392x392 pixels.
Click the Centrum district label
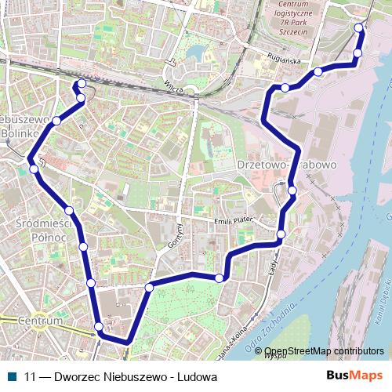click(x=42, y=321)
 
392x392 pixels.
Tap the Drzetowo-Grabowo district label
click(x=286, y=165)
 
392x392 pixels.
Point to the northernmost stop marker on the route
click(x=359, y=28)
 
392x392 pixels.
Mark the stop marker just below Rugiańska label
click(x=285, y=87)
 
